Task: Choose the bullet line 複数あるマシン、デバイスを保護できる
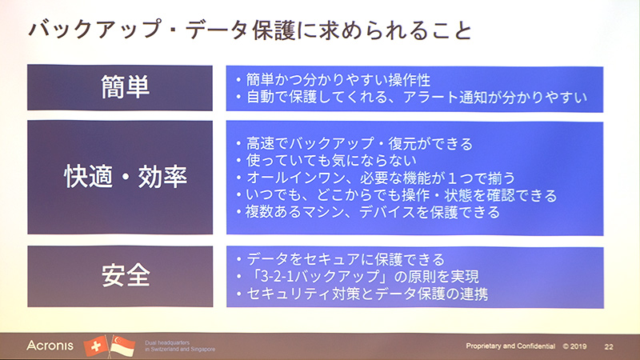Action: click(368, 213)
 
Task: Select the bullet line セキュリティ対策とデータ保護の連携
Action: click(363, 295)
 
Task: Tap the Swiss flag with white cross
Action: click(95, 345)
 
